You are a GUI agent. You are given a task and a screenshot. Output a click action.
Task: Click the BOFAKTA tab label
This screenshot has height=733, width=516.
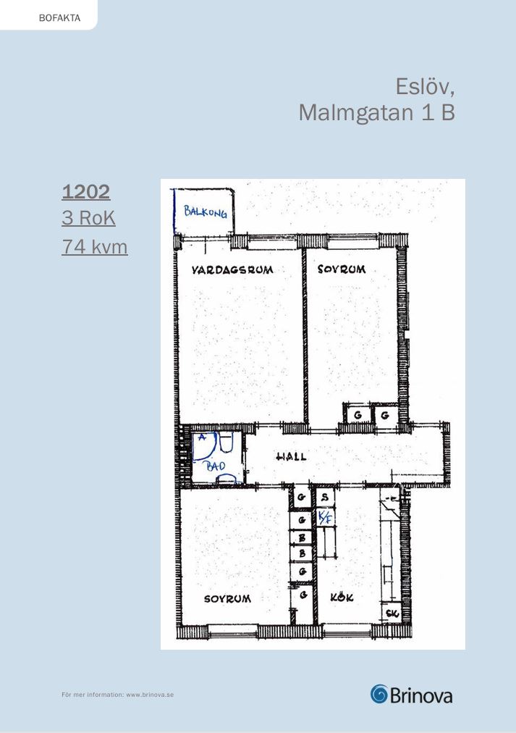coord(59,18)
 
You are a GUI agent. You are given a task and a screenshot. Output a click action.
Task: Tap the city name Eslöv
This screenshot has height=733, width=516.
coord(425,86)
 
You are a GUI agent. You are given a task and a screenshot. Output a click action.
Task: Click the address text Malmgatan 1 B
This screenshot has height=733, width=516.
coord(376,112)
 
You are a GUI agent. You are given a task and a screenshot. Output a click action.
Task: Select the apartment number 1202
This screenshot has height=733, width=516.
coord(86,192)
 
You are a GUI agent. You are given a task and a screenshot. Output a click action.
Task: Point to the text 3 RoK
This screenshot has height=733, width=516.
coord(88,218)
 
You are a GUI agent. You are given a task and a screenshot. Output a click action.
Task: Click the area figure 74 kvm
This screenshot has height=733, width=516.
coord(94,246)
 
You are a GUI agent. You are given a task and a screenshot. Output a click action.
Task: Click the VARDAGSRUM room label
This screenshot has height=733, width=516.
coord(232,269)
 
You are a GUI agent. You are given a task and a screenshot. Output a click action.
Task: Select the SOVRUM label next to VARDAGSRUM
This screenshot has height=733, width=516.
coord(342,269)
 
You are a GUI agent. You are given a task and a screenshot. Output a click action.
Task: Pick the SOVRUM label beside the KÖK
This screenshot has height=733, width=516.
coord(227,598)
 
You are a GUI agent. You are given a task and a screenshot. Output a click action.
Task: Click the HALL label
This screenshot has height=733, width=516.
coord(292,456)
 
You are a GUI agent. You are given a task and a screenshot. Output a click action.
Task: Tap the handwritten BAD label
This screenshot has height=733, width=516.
coord(216,466)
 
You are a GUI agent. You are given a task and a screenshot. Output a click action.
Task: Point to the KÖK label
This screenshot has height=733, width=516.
coord(342,597)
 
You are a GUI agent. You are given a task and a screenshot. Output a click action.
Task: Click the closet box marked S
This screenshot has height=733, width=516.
coord(325,497)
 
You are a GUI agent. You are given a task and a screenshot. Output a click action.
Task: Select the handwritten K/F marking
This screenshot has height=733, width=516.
coord(326,517)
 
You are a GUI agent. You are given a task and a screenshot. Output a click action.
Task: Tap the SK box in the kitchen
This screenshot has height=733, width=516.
coord(393,613)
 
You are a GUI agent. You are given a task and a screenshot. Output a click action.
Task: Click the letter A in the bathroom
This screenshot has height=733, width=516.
coord(202,437)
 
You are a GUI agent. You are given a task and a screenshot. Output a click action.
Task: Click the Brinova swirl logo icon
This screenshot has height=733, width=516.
coord(379,694)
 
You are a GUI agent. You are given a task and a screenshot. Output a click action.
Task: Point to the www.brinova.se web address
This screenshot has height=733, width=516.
coord(150,695)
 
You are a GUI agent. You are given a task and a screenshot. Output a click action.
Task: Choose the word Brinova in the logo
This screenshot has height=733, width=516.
coord(420,695)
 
